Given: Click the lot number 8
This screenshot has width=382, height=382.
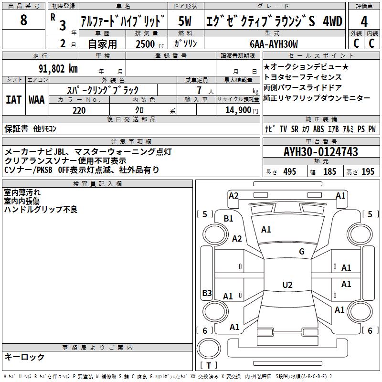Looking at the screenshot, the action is point(24,20).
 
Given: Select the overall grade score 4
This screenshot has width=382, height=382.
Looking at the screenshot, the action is point(364,22).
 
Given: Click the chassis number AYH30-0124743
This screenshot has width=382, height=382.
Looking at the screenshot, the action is point(321,152).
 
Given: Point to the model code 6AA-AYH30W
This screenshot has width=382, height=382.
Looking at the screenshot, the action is point(274,44).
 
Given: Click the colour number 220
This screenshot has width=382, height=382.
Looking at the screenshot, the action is point(79,110).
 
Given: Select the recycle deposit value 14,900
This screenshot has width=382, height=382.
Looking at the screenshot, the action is point(237,110).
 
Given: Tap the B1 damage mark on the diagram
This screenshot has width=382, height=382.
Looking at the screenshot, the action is point(229,219).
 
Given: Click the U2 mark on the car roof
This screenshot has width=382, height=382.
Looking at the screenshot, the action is point(287,285).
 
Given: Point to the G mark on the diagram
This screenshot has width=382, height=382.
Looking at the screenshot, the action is point(302,252).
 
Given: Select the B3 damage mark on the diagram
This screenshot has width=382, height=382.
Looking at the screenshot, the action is point(207,293).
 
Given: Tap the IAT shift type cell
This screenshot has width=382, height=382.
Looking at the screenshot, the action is point(13,100).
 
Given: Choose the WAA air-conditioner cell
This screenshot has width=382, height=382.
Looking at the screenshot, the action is point(37,100).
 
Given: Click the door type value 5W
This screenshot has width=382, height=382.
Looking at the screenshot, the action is point(185,22).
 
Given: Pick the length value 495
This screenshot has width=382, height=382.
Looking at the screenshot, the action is point(289,172).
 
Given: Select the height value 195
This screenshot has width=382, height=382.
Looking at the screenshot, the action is point(368,172).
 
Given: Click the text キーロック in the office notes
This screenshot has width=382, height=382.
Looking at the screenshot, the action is point(24,357).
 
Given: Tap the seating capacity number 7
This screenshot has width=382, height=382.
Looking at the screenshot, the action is point(197,90).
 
